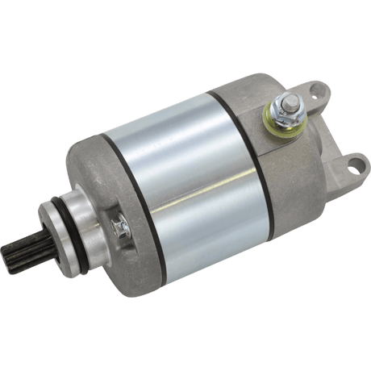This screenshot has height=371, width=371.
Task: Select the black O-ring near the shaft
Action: (83, 223)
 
